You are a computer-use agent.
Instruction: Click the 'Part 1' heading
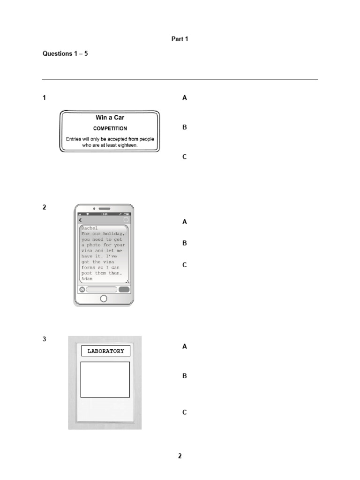point(180,39)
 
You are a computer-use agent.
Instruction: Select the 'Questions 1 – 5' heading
point(65,53)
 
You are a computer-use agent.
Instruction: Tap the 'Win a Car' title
point(110,118)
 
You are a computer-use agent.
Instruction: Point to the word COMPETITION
point(110,128)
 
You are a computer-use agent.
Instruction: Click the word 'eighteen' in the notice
point(127,145)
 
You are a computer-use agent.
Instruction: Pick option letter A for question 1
point(185,97)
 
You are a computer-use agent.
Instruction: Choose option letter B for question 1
point(185,127)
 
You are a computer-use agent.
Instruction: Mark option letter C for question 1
point(185,157)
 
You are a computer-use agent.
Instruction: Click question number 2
point(45,207)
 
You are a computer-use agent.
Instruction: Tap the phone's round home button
point(104,299)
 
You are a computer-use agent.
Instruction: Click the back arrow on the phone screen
point(80,220)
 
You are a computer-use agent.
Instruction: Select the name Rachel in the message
point(90,228)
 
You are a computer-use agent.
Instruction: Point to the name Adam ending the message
point(87,278)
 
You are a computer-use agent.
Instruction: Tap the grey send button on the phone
point(124,289)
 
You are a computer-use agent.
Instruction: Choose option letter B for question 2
point(185,243)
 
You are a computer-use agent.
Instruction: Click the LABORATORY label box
point(105,351)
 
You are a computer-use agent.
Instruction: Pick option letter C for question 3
point(185,412)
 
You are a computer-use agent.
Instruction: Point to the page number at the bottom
point(180,456)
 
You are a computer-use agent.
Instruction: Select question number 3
point(45,339)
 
